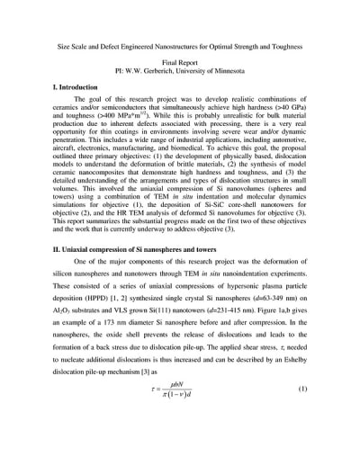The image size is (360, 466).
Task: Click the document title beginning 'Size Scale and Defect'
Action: [180, 46]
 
